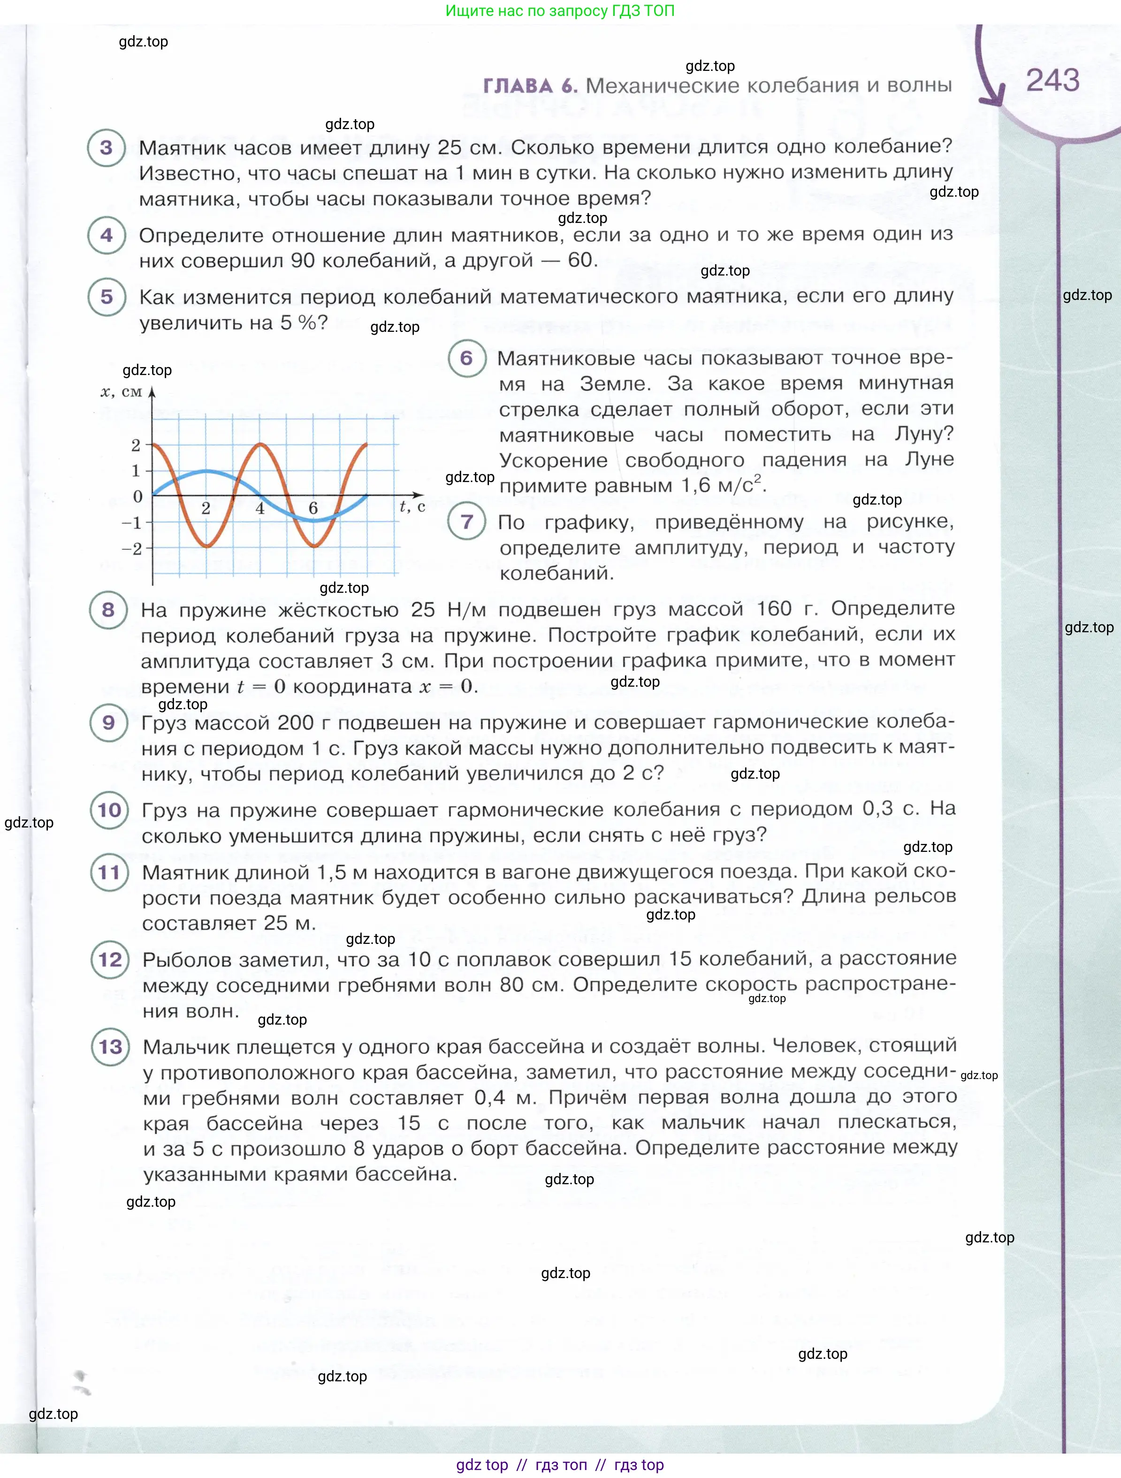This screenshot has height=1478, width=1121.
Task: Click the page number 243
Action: pyautogui.click(x=1052, y=81)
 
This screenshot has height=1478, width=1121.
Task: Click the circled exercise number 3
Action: pyautogui.click(x=106, y=148)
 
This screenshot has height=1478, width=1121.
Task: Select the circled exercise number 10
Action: pyautogui.click(x=109, y=811)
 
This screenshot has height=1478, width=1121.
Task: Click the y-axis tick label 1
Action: pyautogui.click(x=136, y=470)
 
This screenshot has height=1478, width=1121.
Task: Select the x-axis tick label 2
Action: pyautogui.click(x=206, y=508)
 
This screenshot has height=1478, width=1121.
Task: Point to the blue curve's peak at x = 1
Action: pyautogui.click(x=207, y=471)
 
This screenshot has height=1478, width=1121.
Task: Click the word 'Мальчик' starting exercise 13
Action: pyautogui.click(x=184, y=1047)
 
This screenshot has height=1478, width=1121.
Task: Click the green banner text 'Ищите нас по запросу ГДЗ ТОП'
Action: pyautogui.click(x=560, y=11)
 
